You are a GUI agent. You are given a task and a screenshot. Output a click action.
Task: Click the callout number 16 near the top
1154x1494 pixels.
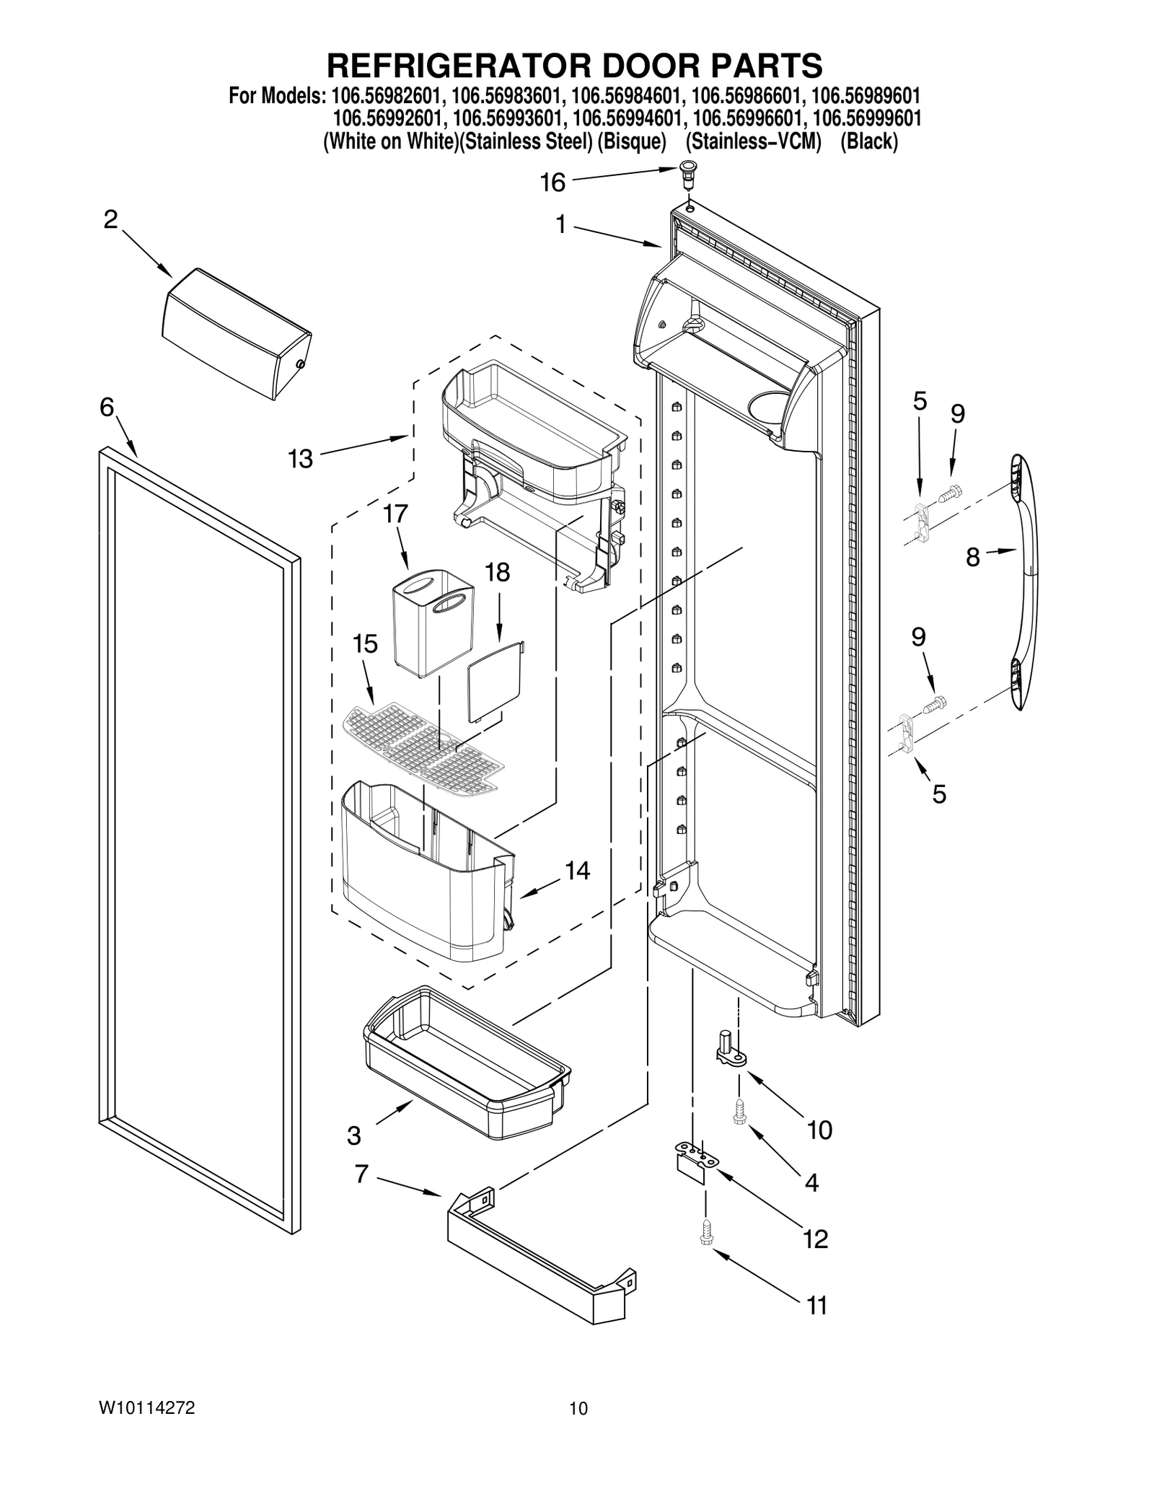(552, 183)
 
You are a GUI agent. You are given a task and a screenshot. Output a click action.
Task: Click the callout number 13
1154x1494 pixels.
(300, 458)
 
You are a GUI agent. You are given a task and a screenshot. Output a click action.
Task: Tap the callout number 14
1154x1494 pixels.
(577, 871)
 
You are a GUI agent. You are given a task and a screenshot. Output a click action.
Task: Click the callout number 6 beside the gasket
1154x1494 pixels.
(107, 408)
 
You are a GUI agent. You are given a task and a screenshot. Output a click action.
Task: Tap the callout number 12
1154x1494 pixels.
(815, 1239)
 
